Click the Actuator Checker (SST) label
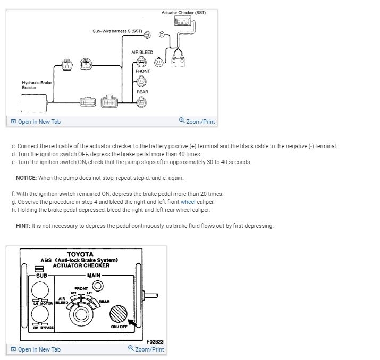[183, 12]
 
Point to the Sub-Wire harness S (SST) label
[117, 31]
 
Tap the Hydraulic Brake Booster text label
[37, 85]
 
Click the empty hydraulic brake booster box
[34, 102]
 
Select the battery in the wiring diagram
[178, 61]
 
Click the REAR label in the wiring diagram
[142, 92]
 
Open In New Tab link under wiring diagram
[36, 122]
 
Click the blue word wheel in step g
[188, 202]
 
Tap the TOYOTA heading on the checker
[80, 254]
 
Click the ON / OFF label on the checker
[119, 327]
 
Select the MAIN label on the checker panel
[94, 275]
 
